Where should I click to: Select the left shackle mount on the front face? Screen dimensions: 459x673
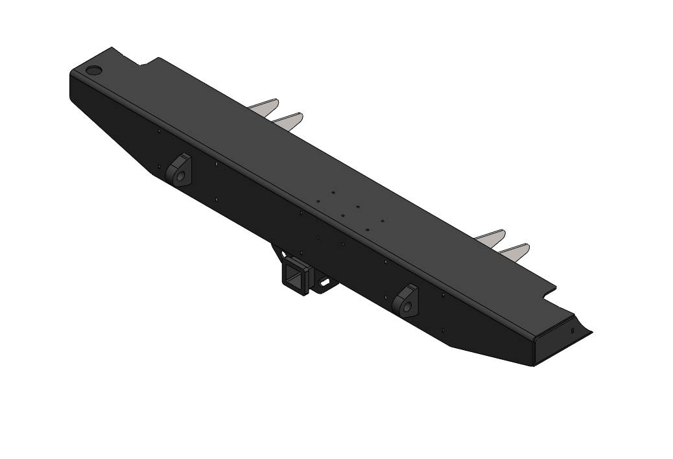179,170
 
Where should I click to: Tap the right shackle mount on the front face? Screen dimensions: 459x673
407,301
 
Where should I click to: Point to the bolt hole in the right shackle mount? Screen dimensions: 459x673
408,306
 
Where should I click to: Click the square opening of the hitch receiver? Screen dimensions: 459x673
296,279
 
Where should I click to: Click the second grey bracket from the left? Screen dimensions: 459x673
288,120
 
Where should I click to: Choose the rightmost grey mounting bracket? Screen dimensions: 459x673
515,252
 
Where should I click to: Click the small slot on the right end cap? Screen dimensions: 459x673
573,330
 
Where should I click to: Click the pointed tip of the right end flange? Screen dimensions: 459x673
591,333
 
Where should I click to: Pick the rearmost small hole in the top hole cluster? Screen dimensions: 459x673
333,193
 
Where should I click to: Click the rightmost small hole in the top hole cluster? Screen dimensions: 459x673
383,221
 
